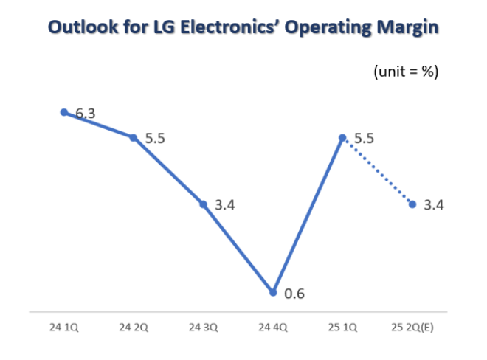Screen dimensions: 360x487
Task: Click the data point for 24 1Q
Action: [63, 112]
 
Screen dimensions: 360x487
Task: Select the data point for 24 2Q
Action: [134, 137]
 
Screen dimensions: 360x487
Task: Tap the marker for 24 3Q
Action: [204, 204]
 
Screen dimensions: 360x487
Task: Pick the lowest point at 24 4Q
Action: [273, 292]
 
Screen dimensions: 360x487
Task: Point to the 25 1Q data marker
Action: [342, 137]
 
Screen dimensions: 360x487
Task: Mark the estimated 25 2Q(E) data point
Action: [412, 204]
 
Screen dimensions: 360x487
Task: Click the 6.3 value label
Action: [83, 114]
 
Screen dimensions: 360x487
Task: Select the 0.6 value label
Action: [294, 294]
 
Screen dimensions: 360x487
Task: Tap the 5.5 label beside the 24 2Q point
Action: [154, 139]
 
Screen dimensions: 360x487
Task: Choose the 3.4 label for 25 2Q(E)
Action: [434, 205]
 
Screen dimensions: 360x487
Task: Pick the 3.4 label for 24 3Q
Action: [224, 205]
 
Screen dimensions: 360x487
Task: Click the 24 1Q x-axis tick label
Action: [63, 326]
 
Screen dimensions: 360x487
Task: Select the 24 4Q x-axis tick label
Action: [273, 326]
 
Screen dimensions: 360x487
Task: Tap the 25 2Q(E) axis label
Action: [412, 326]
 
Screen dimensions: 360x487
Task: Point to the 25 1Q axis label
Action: [342, 326]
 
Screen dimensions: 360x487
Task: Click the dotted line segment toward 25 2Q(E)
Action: [377, 170]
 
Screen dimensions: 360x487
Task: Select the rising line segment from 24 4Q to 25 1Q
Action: [308, 215]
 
